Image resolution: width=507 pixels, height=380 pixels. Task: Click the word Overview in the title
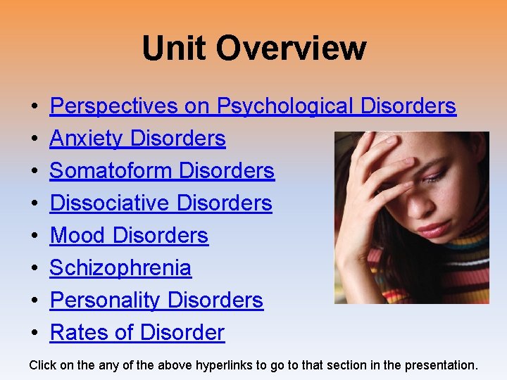click(x=291, y=49)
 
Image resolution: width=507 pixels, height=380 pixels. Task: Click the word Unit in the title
click(x=175, y=49)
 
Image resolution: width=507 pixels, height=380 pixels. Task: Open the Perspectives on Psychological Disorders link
click(x=253, y=106)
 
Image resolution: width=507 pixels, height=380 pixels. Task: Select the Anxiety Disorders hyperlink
click(x=137, y=139)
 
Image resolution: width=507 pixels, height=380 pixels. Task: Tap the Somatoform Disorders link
click(x=162, y=171)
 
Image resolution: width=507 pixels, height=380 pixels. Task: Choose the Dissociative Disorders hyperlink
click(x=161, y=203)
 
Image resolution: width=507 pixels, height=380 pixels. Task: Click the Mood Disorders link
click(x=129, y=236)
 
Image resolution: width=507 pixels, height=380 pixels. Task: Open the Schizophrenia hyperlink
click(x=120, y=268)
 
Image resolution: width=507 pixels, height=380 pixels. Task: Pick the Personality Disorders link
click(x=156, y=300)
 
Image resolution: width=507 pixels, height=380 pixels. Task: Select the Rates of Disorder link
click(x=137, y=333)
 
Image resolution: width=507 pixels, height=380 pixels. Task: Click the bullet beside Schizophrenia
click(x=35, y=269)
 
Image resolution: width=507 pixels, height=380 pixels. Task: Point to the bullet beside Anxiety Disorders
click(x=35, y=139)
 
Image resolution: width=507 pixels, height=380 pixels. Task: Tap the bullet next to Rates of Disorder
click(x=35, y=334)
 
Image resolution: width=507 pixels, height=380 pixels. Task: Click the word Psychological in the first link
click(x=285, y=106)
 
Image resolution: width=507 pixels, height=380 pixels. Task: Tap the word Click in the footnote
click(x=43, y=365)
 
